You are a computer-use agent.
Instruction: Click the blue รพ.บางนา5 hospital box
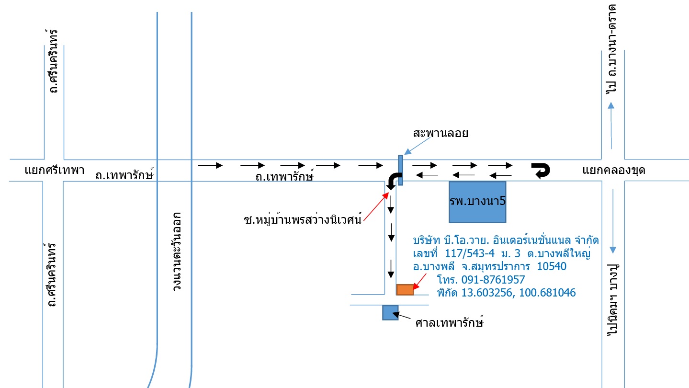tap(477, 202)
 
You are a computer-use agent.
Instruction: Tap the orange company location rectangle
tap(405, 289)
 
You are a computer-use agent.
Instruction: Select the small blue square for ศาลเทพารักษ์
tap(390, 313)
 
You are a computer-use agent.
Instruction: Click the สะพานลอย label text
tap(441, 133)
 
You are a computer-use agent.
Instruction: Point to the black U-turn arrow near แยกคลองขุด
tap(541, 170)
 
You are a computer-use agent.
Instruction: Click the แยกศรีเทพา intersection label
tap(55, 170)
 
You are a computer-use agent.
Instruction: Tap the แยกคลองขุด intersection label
tap(614, 171)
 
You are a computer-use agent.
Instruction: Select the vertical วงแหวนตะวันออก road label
tap(177, 251)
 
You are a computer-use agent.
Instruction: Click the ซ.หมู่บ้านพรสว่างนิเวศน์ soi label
tap(303, 219)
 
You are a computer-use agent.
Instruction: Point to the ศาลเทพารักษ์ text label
tap(450, 322)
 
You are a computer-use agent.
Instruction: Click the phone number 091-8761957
tap(493, 280)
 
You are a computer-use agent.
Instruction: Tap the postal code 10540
tap(552, 266)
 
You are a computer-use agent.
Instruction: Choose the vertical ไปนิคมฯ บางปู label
tap(612, 300)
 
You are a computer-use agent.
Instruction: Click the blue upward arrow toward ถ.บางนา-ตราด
tap(611, 126)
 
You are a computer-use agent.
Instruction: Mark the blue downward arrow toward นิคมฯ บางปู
tap(613, 221)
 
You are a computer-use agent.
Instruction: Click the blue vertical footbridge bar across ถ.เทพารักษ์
tap(400, 170)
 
